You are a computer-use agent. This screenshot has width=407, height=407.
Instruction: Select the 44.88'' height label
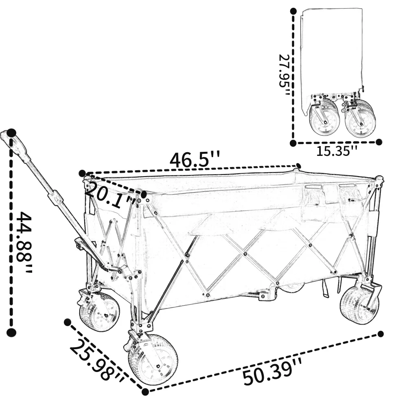tap(24, 243)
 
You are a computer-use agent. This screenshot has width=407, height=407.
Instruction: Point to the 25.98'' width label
tap(97, 361)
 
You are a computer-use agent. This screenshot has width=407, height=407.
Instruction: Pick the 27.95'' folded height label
tap(283, 74)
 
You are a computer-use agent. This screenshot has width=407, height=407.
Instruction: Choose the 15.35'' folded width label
tap(337, 151)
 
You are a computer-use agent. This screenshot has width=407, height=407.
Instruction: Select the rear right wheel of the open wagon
tap(359, 305)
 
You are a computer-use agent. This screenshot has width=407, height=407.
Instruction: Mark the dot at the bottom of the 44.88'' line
tap(11, 332)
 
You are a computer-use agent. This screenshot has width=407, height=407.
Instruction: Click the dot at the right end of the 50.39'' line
tap(381, 334)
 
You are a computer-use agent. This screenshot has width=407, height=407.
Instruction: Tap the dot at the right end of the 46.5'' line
tap(298, 166)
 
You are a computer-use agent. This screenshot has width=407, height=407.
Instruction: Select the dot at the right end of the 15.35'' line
tap(379, 142)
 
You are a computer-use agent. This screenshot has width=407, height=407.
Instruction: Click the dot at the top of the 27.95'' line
tap(293, 11)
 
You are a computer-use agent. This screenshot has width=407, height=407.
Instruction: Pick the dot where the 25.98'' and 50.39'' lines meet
tap(145, 392)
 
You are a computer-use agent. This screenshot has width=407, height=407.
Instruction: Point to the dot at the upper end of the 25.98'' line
tap(68, 322)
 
